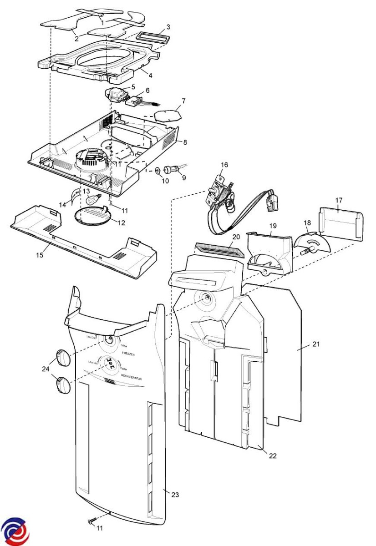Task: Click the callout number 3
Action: [x=168, y=27]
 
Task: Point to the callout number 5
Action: [x=133, y=86]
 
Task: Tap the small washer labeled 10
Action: [x=157, y=171]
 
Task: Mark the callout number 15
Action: [x=40, y=255]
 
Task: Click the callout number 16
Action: [x=224, y=165]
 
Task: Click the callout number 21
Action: [x=316, y=344]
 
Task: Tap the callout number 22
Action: [x=273, y=455]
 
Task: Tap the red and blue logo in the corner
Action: [x=15, y=531]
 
